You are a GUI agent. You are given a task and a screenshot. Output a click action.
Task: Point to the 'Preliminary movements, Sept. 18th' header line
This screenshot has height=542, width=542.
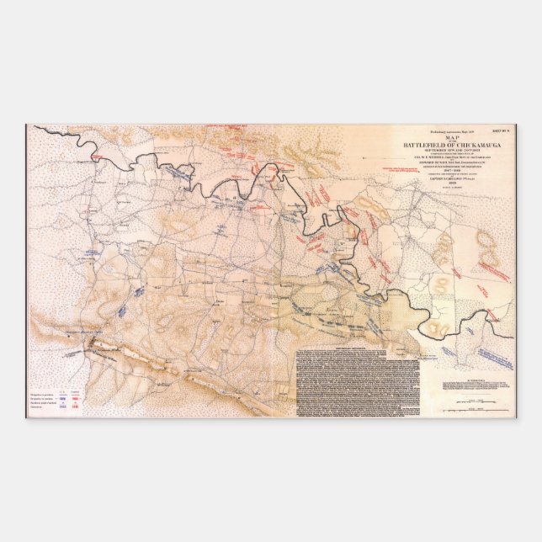pyautogui.click(x=444, y=130)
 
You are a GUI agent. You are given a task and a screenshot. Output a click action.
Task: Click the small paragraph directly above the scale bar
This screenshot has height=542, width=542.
pyautogui.click(x=476, y=388)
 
